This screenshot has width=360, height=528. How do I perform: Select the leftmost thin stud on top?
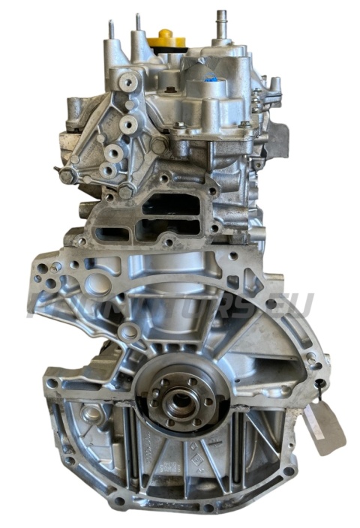(111, 30)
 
